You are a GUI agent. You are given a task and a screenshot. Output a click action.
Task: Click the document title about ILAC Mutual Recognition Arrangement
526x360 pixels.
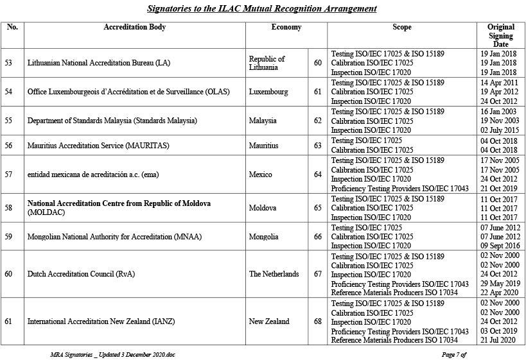pos(261,8)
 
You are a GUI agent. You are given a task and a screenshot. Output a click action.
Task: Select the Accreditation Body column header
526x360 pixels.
pos(134,28)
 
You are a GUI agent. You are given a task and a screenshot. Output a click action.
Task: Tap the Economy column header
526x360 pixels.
pos(286,28)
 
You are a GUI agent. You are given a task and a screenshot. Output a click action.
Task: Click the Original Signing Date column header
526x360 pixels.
pos(500,35)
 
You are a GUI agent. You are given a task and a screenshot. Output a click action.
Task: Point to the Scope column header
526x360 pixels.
pos(401,28)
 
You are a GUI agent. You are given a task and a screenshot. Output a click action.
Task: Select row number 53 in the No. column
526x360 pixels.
pos(8,63)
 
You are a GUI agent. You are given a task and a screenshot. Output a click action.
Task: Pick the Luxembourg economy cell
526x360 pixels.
pos(268,92)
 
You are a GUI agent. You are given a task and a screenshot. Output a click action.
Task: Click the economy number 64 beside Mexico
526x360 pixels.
pos(318,175)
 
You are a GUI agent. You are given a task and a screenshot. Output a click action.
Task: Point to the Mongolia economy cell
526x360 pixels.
pos(263,237)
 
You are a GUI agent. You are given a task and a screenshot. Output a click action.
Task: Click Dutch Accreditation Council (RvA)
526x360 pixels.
pos(81,274)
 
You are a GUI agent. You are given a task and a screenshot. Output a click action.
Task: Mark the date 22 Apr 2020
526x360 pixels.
pos(498,293)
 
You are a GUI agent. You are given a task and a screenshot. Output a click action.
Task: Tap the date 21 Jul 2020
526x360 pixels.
pos(498,340)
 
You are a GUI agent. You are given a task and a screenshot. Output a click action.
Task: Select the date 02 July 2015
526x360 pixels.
pos(498,130)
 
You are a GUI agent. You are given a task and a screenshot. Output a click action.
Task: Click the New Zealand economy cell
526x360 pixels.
pos(269,321)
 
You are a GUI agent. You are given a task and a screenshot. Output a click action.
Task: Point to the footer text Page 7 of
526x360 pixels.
pos(453,354)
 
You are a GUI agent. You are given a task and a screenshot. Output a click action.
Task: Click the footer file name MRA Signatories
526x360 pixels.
pos(112,354)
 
